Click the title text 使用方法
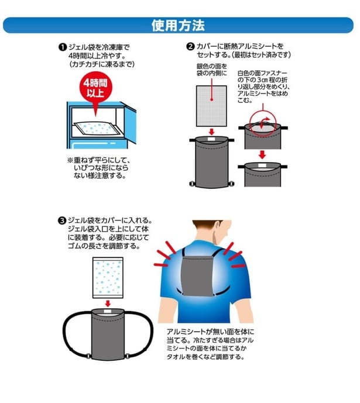click(x=178, y=25)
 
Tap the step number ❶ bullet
click(x=63, y=47)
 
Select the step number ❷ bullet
click(x=190, y=47)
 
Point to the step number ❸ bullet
click(x=62, y=221)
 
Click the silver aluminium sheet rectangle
click(x=211, y=106)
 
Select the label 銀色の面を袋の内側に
click(x=212, y=70)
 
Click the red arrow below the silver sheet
click(x=211, y=132)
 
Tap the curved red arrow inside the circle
click(x=263, y=122)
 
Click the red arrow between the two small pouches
click(x=262, y=155)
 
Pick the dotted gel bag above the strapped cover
click(x=108, y=278)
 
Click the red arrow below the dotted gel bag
click(x=108, y=304)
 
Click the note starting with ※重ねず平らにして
click(x=99, y=168)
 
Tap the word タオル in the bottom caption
click(x=176, y=357)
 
